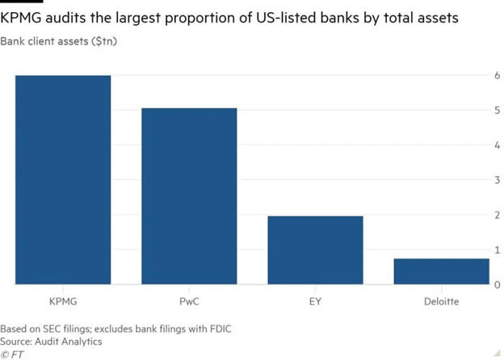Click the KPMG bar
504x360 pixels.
pos(62,180)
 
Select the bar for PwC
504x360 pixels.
pos(189,196)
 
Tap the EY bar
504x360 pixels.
pos(315,250)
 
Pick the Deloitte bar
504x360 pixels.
pos(441,271)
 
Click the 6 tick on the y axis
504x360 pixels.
pos(498,76)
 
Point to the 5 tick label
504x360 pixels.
pos(498,111)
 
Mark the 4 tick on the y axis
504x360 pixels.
pos(498,145)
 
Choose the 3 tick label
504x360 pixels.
pos(498,180)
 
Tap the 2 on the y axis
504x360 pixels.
pos(498,216)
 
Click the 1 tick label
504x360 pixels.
pos(498,250)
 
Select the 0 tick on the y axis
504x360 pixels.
pos(498,285)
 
